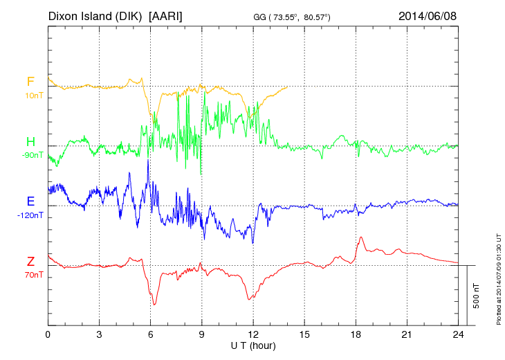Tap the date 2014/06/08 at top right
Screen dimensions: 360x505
(428, 16)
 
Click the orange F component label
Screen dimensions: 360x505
(30, 82)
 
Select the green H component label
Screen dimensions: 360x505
(30, 142)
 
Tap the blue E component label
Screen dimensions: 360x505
(30, 201)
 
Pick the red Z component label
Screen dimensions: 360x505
(30, 261)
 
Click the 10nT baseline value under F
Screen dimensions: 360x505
(33, 96)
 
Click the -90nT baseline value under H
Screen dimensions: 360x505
(31, 155)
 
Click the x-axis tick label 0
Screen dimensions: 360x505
(48, 334)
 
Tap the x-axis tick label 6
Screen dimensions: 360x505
(151, 334)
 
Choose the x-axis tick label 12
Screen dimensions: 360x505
(254, 334)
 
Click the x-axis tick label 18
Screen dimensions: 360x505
(356, 334)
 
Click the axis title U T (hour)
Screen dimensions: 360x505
(254, 345)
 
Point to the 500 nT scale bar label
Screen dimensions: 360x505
(477, 296)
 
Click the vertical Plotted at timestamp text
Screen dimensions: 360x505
(498, 277)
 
